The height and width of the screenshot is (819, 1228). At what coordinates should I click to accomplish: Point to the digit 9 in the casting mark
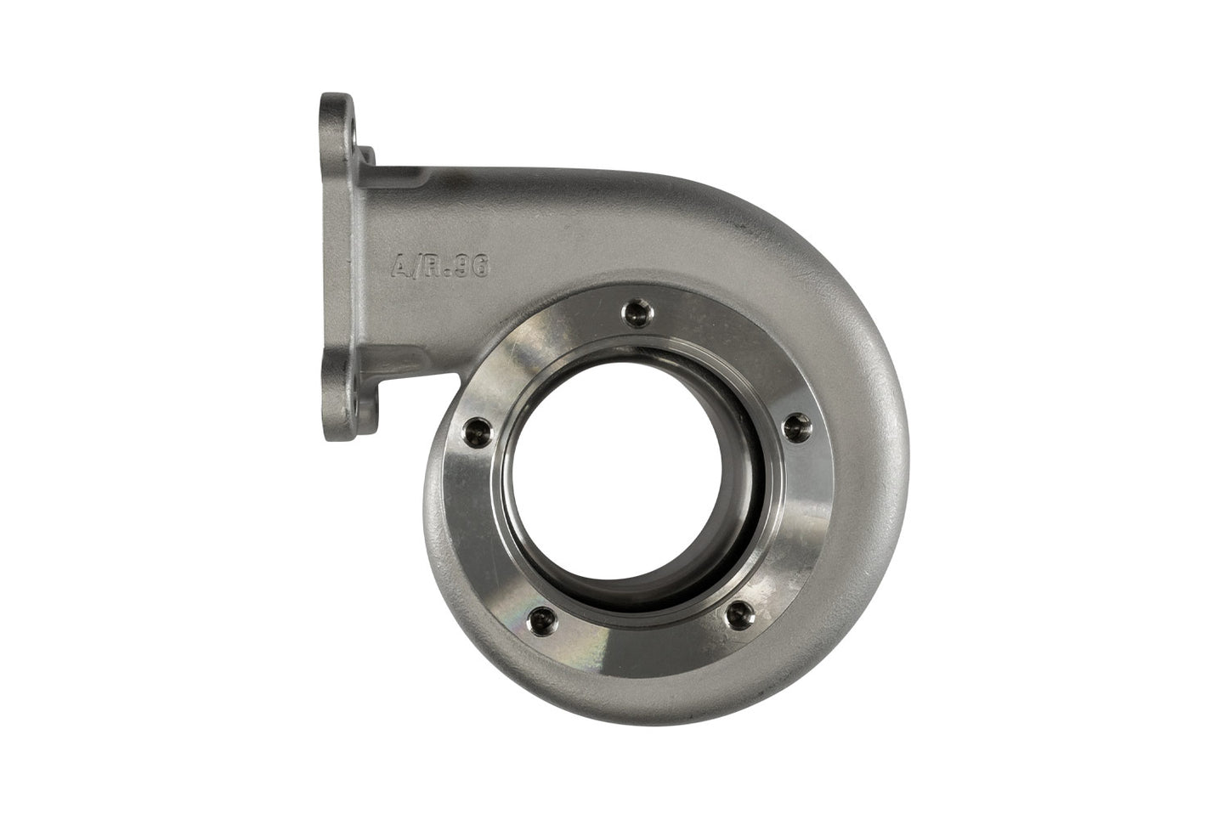pos(466,266)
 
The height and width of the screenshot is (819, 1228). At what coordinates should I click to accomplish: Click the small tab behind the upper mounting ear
pos(367,158)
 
